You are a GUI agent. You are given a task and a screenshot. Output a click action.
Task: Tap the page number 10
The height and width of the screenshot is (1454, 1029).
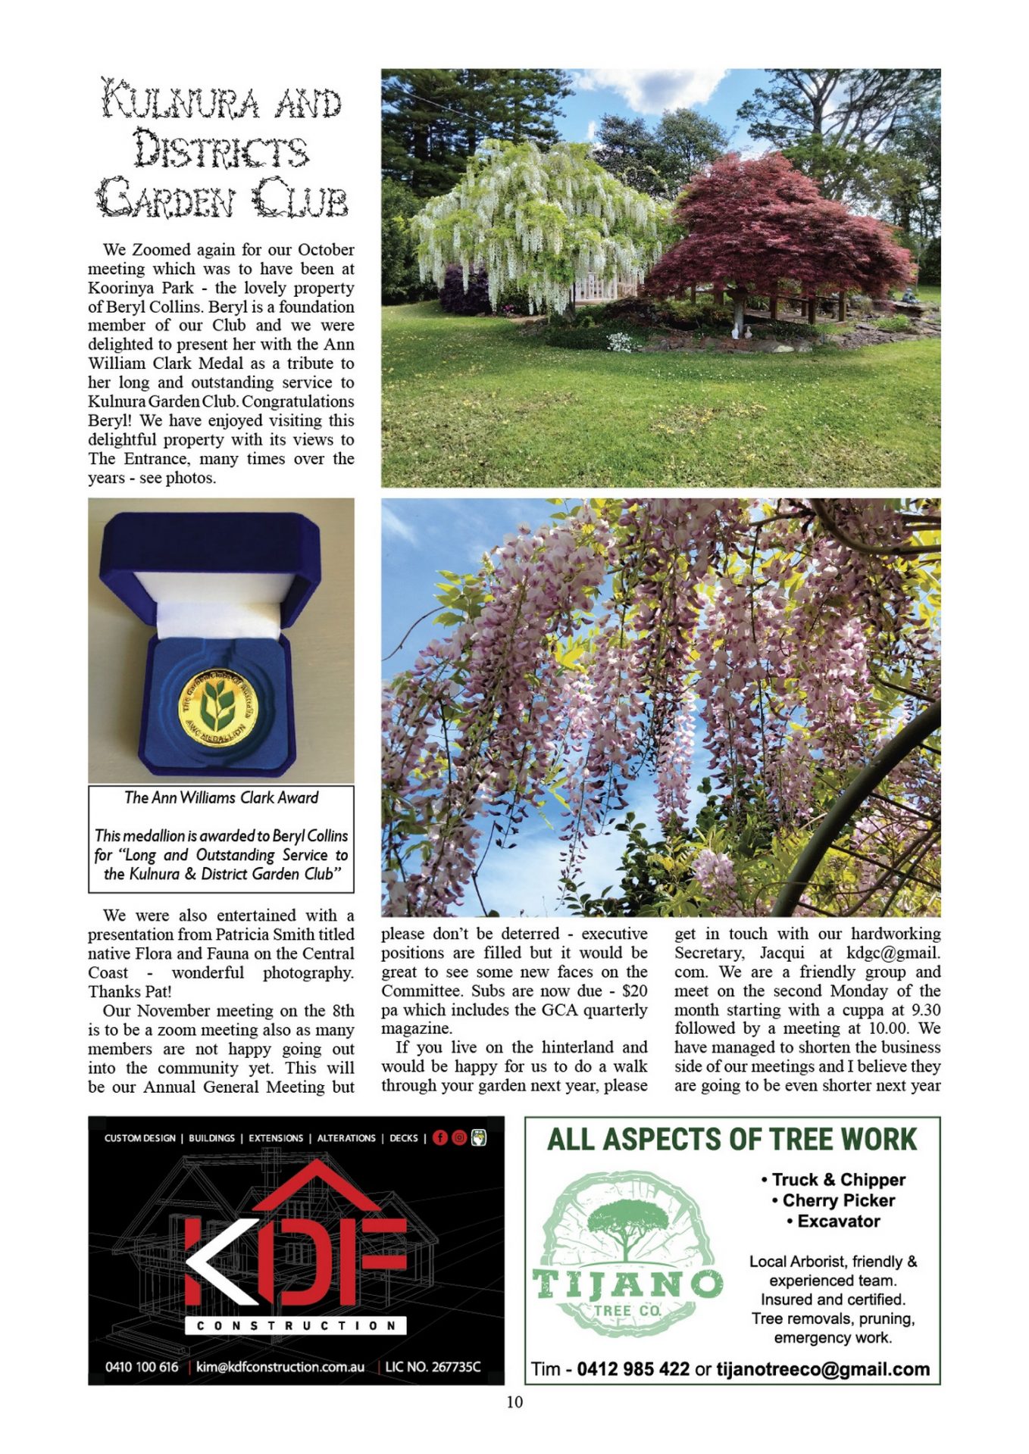[x=514, y=1402]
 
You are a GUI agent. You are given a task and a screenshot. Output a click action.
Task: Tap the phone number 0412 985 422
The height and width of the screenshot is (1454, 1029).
[x=633, y=1369]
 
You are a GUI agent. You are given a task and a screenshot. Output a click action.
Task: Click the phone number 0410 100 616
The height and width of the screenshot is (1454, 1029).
[x=142, y=1367]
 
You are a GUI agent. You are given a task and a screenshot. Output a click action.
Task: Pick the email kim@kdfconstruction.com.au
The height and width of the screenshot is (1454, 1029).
[x=280, y=1367]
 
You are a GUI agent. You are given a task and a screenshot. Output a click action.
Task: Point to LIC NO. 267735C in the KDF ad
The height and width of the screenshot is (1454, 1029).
[x=433, y=1367]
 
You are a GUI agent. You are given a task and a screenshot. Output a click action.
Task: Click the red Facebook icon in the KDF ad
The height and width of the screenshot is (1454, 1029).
[x=440, y=1137]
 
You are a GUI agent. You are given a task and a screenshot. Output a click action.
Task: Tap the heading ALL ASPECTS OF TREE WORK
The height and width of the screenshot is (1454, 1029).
[x=732, y=1140]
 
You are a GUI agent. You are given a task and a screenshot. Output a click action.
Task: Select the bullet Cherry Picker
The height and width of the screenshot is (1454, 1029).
[x=838, y=1200]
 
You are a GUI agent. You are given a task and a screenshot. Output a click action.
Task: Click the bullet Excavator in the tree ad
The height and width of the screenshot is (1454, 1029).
[x=838, y=1222]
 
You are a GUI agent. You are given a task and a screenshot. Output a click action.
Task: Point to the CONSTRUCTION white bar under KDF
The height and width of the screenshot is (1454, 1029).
[x=296, y=1325]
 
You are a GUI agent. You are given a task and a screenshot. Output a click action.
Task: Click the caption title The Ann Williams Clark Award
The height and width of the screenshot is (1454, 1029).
[x=221, y=797]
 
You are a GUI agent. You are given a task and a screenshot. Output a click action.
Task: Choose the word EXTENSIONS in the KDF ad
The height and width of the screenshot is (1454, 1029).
[x=276, y=1138]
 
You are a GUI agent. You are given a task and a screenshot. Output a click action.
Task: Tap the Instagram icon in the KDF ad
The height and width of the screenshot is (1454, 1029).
[x=459, y=1137]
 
